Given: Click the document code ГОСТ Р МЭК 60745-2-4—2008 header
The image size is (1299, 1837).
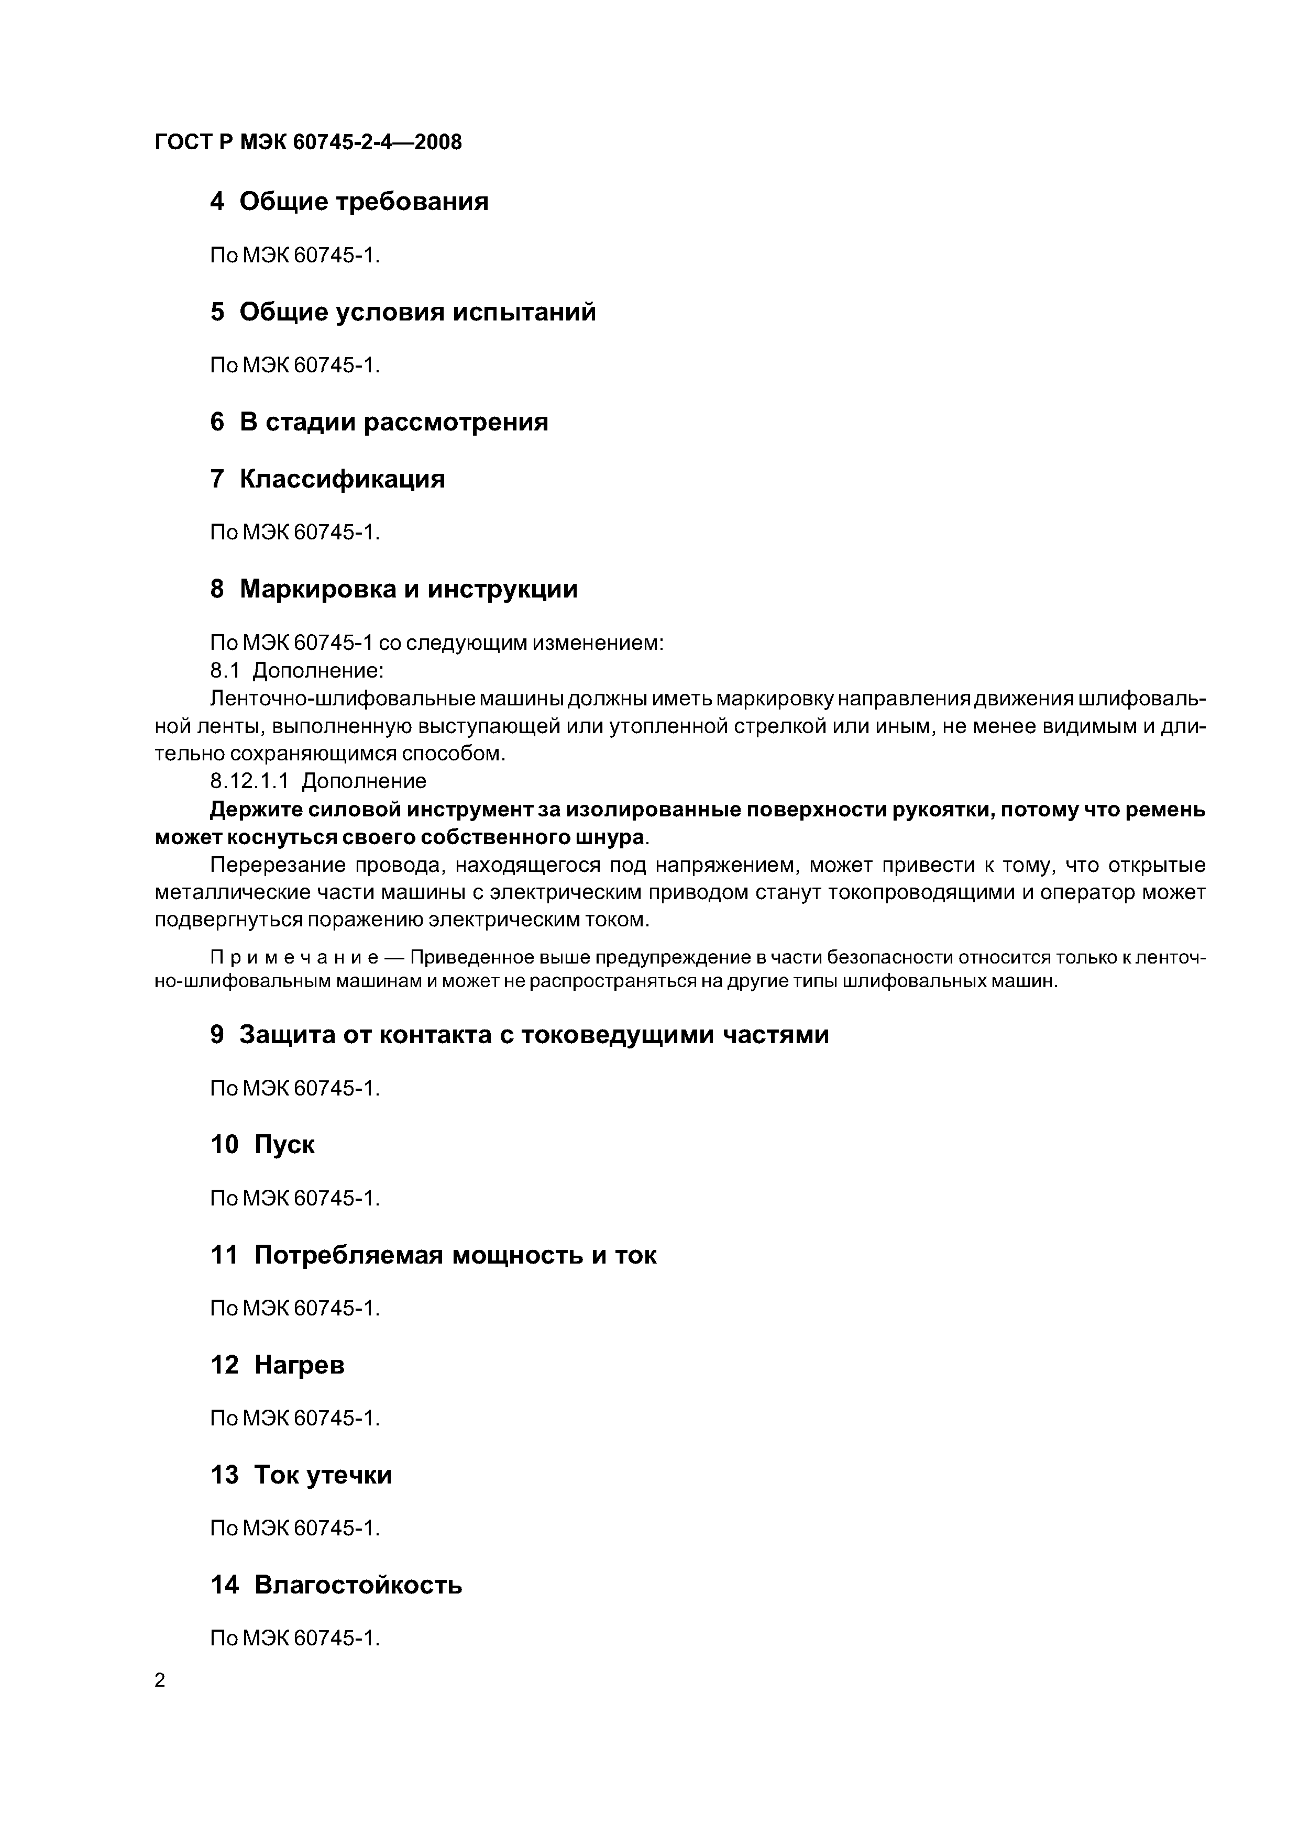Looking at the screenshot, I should coord(308,142).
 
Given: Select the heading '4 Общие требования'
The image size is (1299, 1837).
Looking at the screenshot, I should coord(349,201).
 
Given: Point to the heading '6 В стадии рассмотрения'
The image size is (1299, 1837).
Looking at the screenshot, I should coord(379,422).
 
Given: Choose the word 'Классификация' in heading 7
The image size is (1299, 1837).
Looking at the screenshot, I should coord(343,479).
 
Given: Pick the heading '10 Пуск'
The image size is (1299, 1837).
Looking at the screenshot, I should coord(262,1144).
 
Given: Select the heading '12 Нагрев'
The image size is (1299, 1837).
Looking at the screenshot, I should coord(277,1364).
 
